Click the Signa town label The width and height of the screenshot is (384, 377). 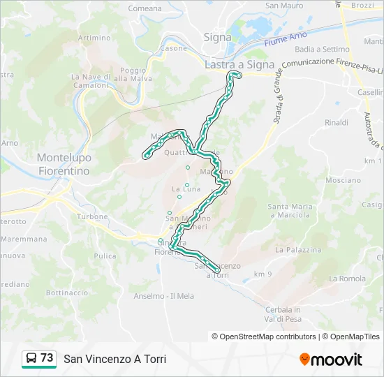[217, 37]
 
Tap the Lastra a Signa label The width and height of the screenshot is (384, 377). [239, 64]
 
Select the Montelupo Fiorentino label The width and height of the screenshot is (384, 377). [64, 164]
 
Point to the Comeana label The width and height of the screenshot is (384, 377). [145, 8]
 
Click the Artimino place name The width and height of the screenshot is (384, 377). [95, 38]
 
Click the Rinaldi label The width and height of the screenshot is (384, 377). [337, 123]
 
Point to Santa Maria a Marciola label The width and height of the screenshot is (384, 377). [289, 210]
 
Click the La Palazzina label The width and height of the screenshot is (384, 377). [298, 249]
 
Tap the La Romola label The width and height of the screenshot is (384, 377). [347, 279]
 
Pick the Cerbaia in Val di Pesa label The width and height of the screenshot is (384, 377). [283, 313]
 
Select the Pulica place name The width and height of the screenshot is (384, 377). [105, 256]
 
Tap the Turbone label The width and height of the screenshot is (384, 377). [92, 217]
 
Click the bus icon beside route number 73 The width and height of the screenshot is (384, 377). [31, 359]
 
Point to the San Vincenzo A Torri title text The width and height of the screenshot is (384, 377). [115, 359]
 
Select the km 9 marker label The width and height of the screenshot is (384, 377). [263, 273]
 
